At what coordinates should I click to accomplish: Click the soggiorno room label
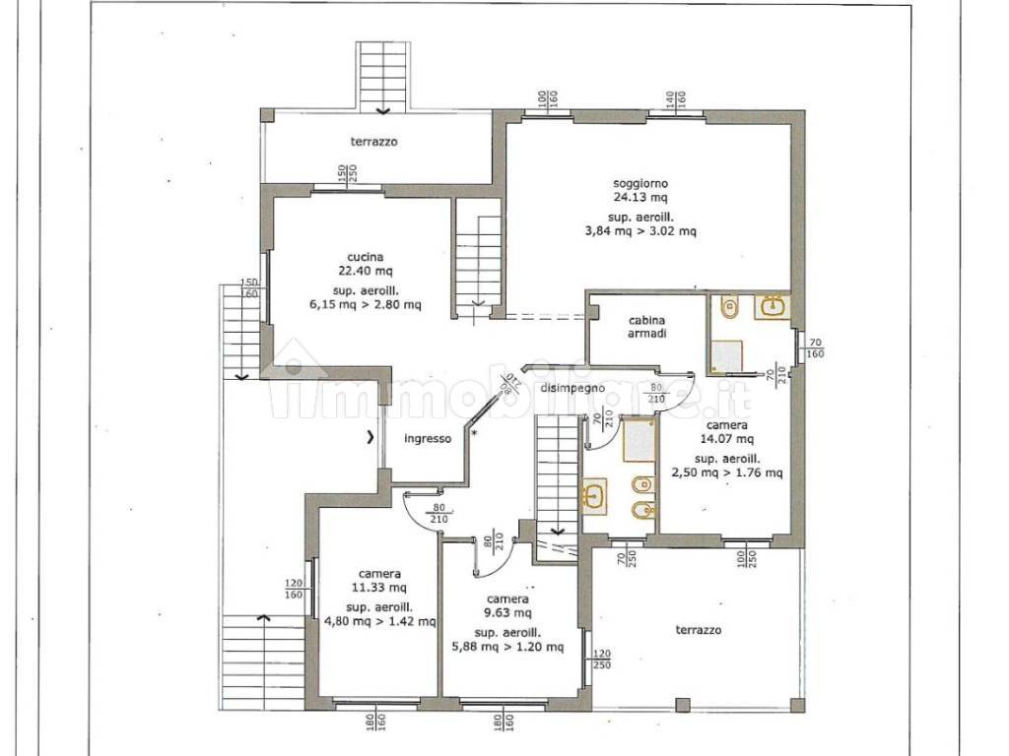(x=639, y=184)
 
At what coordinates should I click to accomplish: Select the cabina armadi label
(x=646, y=327)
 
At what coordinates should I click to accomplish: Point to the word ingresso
(x=428, y=439)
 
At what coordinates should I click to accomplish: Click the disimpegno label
(x=572, y=388)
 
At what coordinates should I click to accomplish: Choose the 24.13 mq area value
(x=639, y=198)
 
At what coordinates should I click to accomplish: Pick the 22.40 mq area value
(x=365, y=272)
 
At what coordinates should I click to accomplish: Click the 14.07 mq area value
(x=726, y=440)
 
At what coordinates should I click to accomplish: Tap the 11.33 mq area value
(x=379, y=588)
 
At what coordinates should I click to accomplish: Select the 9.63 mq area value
(x=507, y=612)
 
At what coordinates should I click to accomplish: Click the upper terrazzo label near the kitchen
(x=373, y=142)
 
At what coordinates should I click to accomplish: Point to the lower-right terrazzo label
(x=699, y=630)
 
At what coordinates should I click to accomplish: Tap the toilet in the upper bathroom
(x=729, y=306)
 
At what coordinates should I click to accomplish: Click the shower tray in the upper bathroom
(x=726, y=356)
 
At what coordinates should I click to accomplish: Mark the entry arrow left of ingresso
(x=370, y=438)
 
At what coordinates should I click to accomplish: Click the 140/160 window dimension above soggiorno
(x=675, y=99)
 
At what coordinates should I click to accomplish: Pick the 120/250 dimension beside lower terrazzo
(x=602, y=660)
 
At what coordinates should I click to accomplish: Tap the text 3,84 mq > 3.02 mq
(x=639, y=231)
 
